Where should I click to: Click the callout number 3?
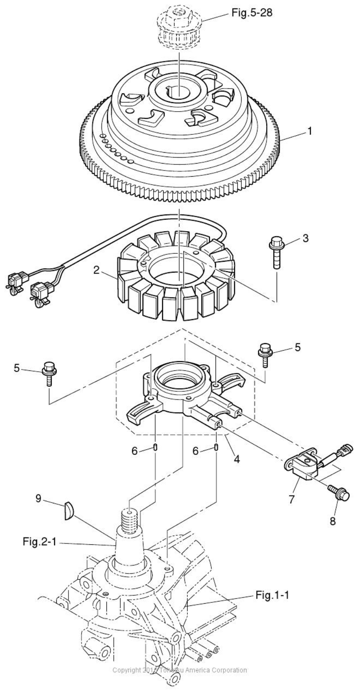point(305,239)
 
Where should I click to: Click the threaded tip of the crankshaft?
point(129,519)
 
